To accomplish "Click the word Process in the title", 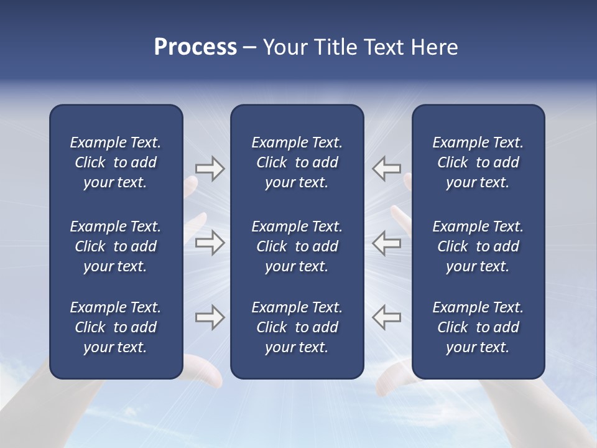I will click(x=195, y=47).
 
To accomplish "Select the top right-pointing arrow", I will click(x=210, y=169).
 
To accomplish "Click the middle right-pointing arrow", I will click(x=210, y=243).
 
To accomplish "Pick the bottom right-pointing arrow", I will click(x=210, y=317).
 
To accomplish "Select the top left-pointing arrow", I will click(x=387, y=169).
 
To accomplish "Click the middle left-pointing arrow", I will click(x=387, y=243).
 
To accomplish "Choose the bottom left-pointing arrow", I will click(x=387, y=317).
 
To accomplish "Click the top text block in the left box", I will click(x=116, y=162).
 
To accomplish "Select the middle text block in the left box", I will click(x=116, y=246).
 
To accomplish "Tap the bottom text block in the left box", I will click(x=116, y=327).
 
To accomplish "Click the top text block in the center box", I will click(x=297, y=162).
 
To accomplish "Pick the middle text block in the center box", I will click(x=297, y=246).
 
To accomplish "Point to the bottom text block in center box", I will click(x=297, y=327).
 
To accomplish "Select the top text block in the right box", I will click(x=478, y=162).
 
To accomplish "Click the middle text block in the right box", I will click(x=478, y=246).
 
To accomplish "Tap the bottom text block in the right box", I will click(x=478, y=327).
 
